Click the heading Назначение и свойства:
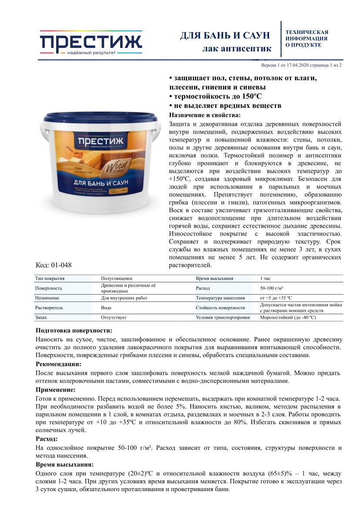coord(204,115)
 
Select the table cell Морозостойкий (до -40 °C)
coord(288,317)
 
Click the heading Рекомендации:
coord(58,364)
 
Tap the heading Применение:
coord(55,389)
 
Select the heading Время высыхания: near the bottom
coord(64,465)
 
